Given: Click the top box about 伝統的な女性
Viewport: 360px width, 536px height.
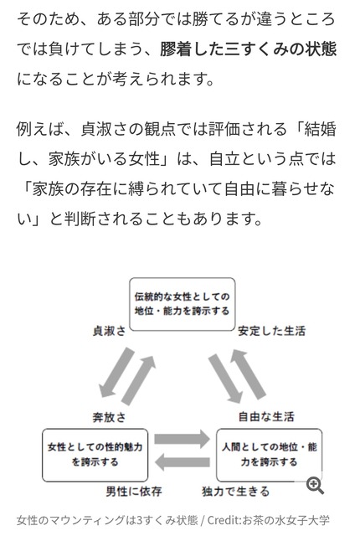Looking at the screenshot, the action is coord(182,304).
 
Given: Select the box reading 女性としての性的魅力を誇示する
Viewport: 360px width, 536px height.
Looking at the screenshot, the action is coord(95,455).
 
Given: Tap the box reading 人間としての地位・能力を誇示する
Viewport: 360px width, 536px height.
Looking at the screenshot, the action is coord(269,455).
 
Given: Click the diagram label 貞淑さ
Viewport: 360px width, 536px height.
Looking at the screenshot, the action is coord(109,331).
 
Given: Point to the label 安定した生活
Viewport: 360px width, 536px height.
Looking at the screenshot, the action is coord(271,331).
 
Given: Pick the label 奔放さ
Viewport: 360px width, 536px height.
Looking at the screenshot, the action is coord(109,417).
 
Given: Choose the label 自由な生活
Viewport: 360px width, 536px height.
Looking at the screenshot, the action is coord(266,416).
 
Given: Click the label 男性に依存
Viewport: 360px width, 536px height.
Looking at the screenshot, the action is coord(134,492).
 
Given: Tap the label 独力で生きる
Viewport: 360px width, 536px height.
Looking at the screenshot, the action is coord(235,492).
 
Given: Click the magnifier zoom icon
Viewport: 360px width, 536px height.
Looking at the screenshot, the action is coord(315,486).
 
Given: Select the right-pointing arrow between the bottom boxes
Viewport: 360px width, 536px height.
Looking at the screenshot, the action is coord(182,439).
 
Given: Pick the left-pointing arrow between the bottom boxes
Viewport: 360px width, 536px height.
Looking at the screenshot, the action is coord(182,462).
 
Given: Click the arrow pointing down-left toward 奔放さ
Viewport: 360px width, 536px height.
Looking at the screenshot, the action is coord(116,373).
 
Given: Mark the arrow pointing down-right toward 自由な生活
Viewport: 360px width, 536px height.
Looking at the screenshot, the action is coord(225,379).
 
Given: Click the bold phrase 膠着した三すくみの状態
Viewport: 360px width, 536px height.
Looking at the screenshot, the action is coord(249,49).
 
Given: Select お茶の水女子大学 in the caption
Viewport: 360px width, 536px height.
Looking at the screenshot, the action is coord(285,520).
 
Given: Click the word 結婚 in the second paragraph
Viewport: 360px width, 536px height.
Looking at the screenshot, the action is coord(320,129).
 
